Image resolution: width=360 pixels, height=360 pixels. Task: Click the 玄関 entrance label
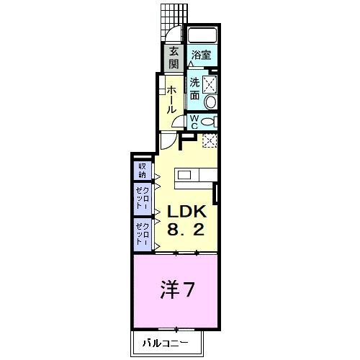coord(174,58)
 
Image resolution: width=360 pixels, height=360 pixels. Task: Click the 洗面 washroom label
coord(195,89)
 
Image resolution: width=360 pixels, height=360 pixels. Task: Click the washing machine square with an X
coord(210,84)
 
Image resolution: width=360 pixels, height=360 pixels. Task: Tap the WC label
coord(194,122)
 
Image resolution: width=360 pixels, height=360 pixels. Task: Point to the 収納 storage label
coord(142,171)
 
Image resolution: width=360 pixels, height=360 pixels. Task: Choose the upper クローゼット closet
coord(142,198)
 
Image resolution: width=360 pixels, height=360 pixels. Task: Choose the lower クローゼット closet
coord(142,235)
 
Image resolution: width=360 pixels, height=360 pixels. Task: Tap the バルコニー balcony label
coord(165,342)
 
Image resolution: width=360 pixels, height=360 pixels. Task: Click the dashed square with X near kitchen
coord(210,140)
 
